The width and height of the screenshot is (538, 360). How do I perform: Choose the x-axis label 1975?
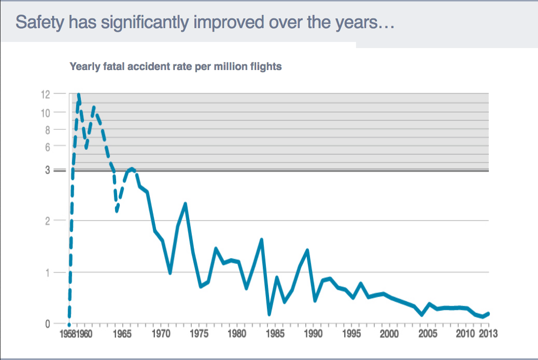199,334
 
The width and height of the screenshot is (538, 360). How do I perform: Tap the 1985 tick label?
275,334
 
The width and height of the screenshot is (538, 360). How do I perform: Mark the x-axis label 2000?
389,334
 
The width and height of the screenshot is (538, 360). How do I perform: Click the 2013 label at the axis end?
487,334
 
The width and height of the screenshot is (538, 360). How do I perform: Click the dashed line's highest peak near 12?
79,95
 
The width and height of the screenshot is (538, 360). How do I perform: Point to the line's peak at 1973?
185,204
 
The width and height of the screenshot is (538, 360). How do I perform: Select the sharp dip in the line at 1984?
269,314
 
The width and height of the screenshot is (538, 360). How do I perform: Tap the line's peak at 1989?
307,250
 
